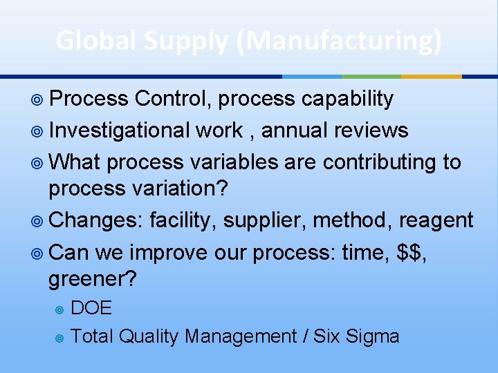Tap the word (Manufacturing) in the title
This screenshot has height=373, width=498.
pos(338,41)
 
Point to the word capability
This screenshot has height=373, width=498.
pos(347,99)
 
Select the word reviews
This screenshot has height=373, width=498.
pos(371,130)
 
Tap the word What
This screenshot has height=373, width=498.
pos(75,162)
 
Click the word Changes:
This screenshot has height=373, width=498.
pos(96,220)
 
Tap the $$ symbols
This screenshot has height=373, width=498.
pos(413,252)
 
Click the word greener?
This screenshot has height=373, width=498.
pos(93,280)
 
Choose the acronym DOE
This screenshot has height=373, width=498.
pos(91,307)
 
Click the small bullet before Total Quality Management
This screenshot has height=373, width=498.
pos(60,337)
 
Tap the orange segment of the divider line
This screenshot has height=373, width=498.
pos(431,76)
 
